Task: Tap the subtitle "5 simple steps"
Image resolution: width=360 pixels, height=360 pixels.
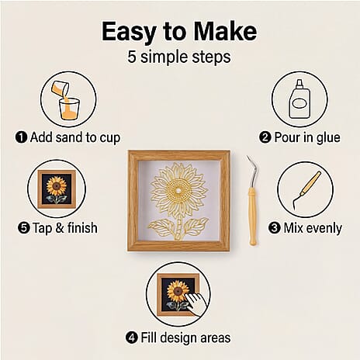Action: [180, 57]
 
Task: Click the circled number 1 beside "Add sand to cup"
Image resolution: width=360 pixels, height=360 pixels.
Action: [21, 137]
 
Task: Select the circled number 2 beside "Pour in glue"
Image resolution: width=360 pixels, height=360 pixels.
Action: [265, 137]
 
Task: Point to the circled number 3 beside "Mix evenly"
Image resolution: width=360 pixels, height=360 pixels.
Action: [274, 227]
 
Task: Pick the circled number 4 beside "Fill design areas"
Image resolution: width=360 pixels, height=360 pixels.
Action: [133, 337]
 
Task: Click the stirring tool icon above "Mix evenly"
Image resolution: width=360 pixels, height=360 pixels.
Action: [305, 189]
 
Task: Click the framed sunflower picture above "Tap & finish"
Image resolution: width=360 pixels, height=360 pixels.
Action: [57, 189]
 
